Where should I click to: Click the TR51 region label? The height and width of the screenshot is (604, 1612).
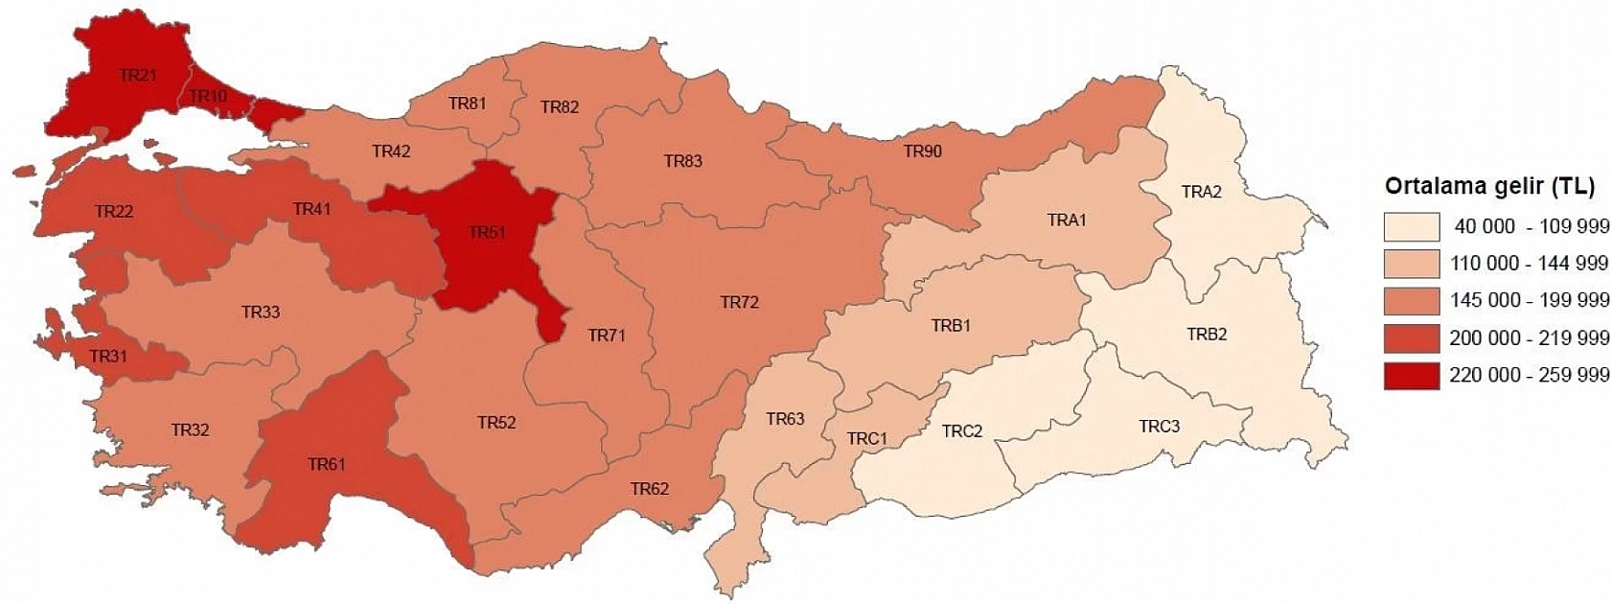(x=487, y=232)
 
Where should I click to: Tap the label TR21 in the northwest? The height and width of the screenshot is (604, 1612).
(x=139, y=75)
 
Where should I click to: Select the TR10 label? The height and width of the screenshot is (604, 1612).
(x=208, y=96)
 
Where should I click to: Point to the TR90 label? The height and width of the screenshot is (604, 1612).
(x=922, y=151)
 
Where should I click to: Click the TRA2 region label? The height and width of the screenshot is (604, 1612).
(x=1201, y=192)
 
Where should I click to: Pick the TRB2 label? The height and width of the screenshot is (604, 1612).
(x=1207, y=334)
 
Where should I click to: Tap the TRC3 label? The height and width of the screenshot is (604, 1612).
(x=1159, y=426)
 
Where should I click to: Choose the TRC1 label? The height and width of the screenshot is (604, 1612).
(x=866, y=438)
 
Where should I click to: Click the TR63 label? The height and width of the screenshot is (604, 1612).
(x=785, y=419)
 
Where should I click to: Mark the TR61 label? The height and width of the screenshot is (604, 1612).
(x=326, y=464)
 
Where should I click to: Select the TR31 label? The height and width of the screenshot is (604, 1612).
(x=108, y=357)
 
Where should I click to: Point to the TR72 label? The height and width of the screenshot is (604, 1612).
(x=739, y=302)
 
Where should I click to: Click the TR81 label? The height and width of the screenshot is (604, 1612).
(x=467, y=103)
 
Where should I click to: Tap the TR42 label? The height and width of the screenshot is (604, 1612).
(x=391, y=151)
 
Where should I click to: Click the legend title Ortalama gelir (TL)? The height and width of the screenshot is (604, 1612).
(x=1489, y=186)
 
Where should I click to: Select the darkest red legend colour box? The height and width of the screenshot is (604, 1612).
(x=1411, y=375)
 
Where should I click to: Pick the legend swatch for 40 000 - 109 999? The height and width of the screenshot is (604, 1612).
(x=1411, y=226)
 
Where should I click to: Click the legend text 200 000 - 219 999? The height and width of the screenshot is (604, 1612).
(x=1529, y=337)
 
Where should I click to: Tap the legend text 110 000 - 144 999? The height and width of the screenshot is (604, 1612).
(x=1529, y=263)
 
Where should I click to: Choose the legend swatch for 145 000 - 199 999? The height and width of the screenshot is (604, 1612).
(x=1411, y=300)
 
